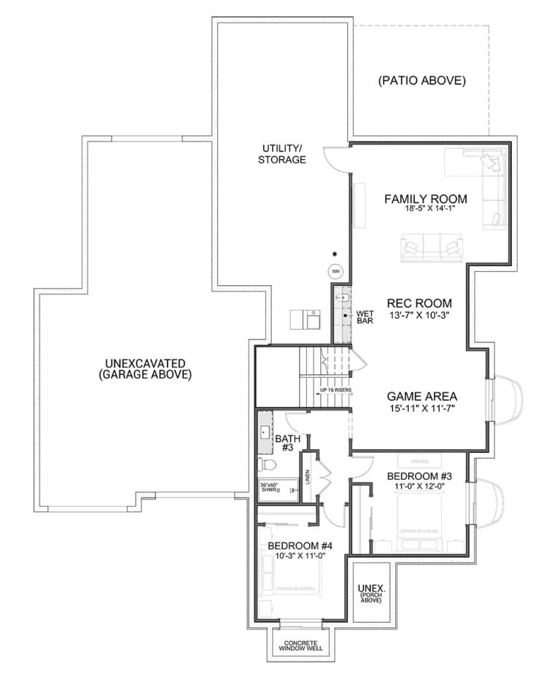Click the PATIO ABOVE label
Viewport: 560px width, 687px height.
point(421,81)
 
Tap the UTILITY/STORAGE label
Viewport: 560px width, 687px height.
point(281,155)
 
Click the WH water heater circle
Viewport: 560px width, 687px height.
point(335,271)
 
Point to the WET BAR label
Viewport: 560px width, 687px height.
point(365,317)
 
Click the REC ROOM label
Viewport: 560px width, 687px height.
point(419,303)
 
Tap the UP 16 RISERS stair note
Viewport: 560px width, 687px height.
point(336,390)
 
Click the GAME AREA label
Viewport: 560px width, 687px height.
point(421,396)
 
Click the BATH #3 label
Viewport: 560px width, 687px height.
point(284,443)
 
